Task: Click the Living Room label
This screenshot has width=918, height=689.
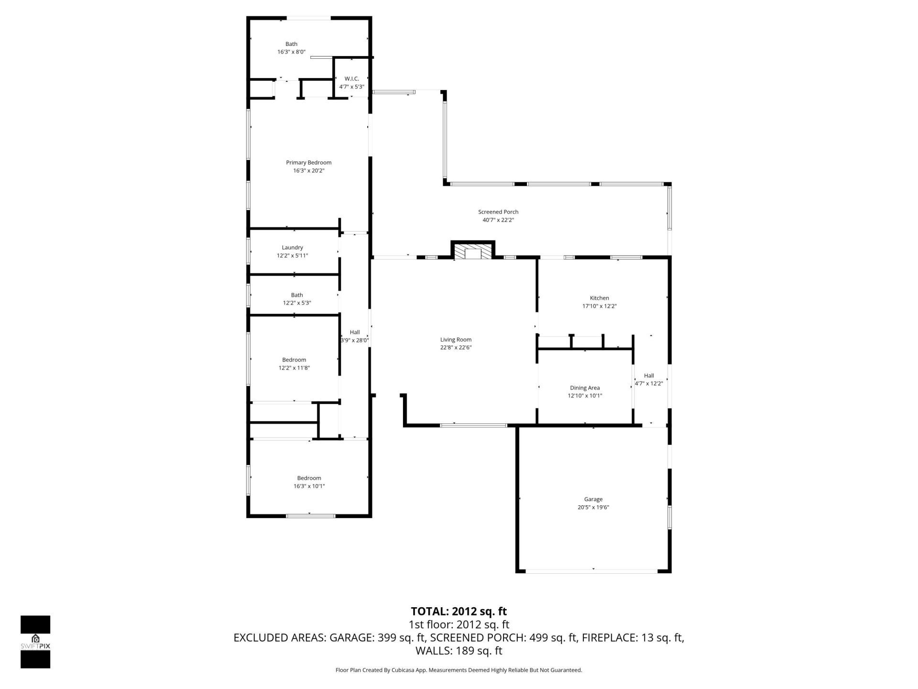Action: [456, 340]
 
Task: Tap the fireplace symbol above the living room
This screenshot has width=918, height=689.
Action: [473, 253]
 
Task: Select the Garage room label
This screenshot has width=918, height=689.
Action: [593, 499]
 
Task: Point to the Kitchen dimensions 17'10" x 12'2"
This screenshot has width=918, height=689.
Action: [599, 306]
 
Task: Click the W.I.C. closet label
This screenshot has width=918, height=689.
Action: [351, 79]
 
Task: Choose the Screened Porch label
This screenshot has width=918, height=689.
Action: [498, 212]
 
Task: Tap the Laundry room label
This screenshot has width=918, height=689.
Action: [292, 247]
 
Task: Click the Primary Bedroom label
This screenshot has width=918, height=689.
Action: [308, 163]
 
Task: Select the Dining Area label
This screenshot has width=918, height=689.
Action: [584, 388]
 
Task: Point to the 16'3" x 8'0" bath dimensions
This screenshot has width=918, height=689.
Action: [291, 52]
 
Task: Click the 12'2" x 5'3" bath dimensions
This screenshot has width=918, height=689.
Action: [297, 303]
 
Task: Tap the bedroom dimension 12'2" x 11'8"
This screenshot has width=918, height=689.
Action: [294, 368]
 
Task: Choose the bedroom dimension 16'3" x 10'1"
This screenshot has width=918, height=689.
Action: [309, 486]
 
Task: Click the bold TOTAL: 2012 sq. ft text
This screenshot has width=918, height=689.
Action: [459, 611]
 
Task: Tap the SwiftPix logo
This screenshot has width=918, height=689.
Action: [35, 641]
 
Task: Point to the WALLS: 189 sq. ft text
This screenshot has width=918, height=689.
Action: [459, 651]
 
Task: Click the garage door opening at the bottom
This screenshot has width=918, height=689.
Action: [592, 571]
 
